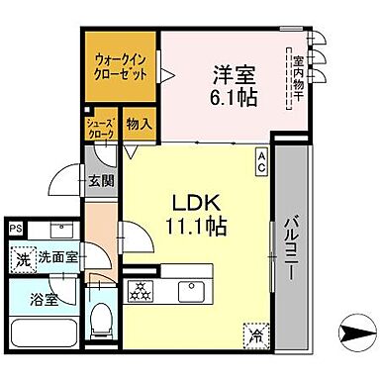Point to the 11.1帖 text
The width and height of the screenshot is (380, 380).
(x=196, y=225)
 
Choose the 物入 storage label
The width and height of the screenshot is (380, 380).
(x=140, y=125)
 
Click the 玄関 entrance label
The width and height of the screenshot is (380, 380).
(x=99, y=180)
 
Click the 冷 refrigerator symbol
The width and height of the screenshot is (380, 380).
(x=258, y=333)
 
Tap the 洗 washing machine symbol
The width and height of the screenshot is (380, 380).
(x=22, y=259)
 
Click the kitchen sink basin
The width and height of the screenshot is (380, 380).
(x=189, y=291)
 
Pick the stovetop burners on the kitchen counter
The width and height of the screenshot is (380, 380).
(x=140, y=291)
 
